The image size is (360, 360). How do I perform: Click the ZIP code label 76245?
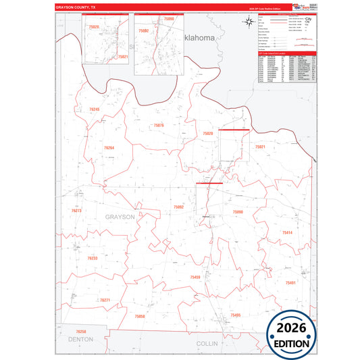[94, 109]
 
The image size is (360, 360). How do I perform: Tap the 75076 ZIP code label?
[159, 126]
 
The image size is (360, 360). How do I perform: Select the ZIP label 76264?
[109, 147]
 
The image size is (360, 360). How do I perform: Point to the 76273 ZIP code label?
[76, 211]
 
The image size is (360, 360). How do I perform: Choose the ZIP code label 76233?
[93, 258]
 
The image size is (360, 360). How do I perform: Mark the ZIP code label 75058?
[140, 316]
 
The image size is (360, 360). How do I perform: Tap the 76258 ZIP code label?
[81, 332]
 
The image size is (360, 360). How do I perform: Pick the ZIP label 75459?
[195, 278]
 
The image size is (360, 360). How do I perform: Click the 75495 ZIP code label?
[235, 315]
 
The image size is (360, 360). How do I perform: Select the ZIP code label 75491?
[290, 282]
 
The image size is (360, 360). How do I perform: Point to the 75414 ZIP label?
[287, 233]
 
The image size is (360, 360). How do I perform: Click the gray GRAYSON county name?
[120, 217]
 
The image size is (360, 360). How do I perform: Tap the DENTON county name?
[80, 340]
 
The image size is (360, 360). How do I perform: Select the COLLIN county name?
[207, 343]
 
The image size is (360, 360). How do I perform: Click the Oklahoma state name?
[199, 39]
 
